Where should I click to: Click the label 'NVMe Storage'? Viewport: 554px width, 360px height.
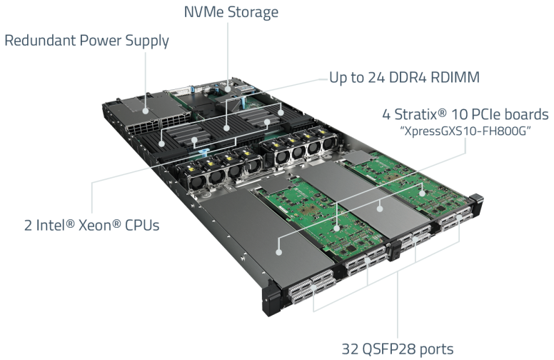(x=231, y=12)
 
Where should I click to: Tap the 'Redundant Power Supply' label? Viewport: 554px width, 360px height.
(x=86, y=40)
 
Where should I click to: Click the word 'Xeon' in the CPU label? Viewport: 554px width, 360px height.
(x=96, y=225)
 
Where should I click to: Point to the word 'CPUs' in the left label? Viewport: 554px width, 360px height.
(x=139, y=225)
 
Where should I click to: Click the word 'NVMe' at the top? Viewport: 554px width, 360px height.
(x=203, y=12)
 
